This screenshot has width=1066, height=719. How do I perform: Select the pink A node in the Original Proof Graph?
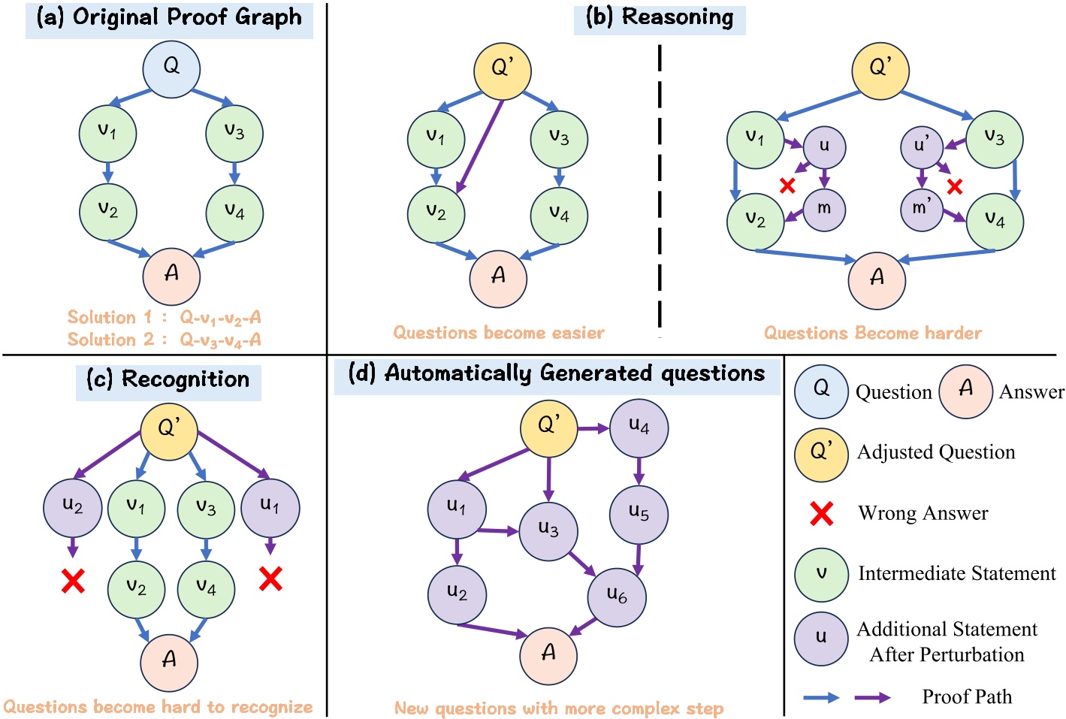[171, 276]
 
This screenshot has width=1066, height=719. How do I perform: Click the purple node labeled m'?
[921, 209]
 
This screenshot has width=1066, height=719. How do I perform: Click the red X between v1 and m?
[787, 186]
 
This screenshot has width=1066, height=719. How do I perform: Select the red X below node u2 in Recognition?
[73, 581]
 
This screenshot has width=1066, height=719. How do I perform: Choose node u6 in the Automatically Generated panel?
[616, 597]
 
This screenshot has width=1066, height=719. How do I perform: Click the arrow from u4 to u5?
[639, 471]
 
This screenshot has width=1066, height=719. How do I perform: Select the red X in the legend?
[821, 514]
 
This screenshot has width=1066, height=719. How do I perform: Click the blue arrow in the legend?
[821, 698]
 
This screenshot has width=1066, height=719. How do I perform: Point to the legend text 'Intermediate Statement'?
[956, 574]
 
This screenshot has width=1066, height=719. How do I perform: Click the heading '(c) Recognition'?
[168, 380]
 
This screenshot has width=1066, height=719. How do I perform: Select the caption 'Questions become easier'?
[499, 333]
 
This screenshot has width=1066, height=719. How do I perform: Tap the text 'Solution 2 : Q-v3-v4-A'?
[164, 340]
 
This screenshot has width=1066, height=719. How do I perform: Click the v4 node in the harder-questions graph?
[994, 222]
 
